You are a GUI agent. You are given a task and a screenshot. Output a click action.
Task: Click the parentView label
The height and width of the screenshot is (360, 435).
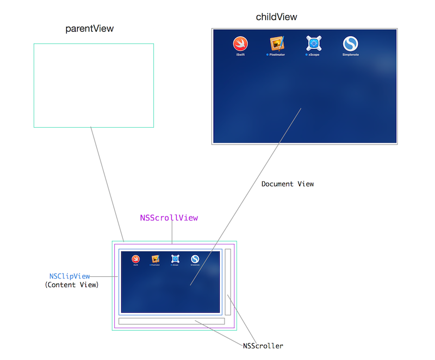click(90, 28)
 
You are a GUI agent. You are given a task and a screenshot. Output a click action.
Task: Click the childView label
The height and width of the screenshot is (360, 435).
click(276, 17)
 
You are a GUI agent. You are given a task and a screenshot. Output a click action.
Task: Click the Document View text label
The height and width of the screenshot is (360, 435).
click(288, 184)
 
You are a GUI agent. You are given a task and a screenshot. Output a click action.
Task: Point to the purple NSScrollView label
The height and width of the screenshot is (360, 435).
click(169, 218)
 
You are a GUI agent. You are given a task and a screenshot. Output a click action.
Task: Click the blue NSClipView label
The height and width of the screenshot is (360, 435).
click(70, 276)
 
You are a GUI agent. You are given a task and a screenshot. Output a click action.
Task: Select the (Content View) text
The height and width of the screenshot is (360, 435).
click(71, 284)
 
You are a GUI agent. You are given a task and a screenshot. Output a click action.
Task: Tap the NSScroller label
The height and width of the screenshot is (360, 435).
click(263, 346)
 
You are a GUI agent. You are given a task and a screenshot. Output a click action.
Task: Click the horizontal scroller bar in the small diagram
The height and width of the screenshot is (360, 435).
click(171, 321)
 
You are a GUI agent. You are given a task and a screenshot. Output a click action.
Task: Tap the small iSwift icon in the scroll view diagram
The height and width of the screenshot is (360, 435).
click(135, 259)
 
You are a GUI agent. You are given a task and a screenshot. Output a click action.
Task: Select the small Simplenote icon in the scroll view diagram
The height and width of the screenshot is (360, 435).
click(195, 259)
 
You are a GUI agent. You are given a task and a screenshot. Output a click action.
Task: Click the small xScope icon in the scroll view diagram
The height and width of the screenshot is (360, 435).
click(175, 259)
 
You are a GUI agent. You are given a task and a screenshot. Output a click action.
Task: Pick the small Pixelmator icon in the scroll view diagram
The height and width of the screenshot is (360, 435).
click(156, 259)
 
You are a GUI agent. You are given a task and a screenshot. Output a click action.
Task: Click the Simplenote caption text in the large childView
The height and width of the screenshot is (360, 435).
click(351, 55)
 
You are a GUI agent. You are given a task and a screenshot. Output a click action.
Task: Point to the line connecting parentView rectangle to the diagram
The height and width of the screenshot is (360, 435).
click(107, 185)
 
